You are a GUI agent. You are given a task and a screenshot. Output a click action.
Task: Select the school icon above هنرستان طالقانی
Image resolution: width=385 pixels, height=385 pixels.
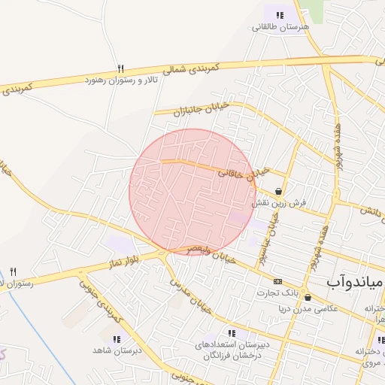(x=280, y=14)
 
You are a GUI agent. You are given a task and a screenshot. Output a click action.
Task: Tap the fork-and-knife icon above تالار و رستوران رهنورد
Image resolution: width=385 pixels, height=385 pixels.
(x=120, y=68)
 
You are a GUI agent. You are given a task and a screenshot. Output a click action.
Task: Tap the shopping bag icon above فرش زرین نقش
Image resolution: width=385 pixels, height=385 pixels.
(x=280, y=192)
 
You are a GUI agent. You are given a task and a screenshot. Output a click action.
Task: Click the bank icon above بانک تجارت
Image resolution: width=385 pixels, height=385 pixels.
(x=278, y=280)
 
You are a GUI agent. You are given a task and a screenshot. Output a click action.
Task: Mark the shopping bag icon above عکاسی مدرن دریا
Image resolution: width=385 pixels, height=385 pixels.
(x=308, y=298)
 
